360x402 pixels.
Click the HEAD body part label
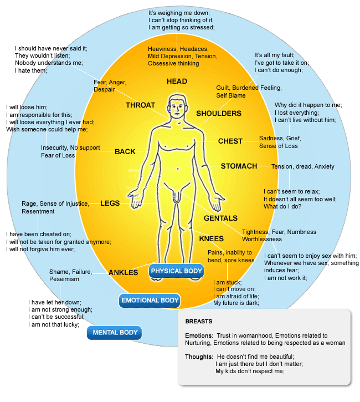point(177,82)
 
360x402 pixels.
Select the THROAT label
point(140,105)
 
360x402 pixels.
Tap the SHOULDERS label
point(219,114)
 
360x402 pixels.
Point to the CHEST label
point(230,141)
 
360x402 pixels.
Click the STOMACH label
point(239,166)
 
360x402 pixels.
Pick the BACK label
point(125,152)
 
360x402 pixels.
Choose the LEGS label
point(110,203)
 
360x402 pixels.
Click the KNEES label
point(211,239)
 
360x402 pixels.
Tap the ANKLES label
point(123,273)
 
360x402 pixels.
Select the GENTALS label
point(220,218)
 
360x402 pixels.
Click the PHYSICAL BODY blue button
point(177,271)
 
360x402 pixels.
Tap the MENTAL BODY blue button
point(115,333)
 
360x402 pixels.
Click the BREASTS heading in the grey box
point(198,322)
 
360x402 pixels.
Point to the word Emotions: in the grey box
point(199,336)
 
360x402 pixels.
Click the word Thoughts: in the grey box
point(199,356)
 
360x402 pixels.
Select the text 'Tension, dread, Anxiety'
point(302,166)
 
